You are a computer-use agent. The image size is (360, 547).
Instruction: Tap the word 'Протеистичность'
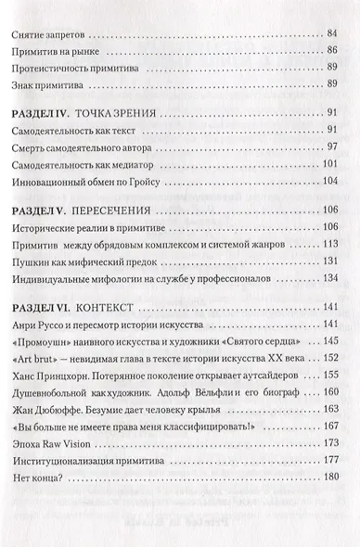[x=58, y=75]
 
